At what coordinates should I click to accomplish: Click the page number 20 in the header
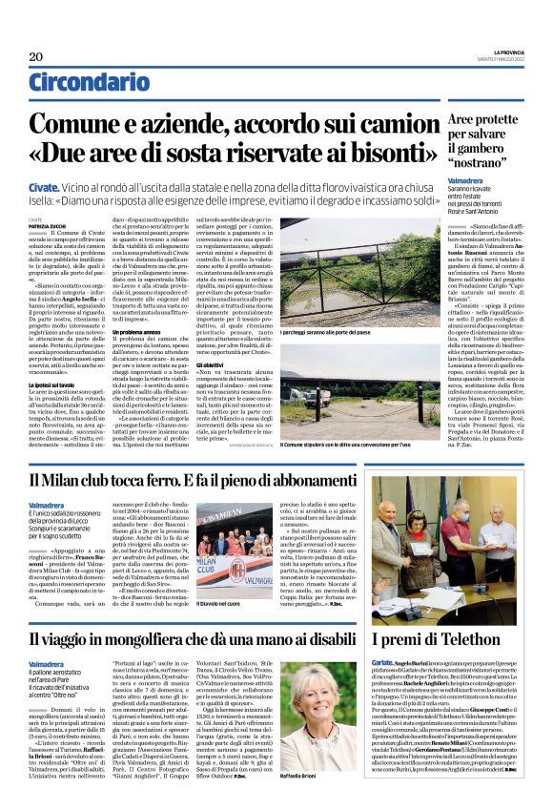[x=35, y=56]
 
